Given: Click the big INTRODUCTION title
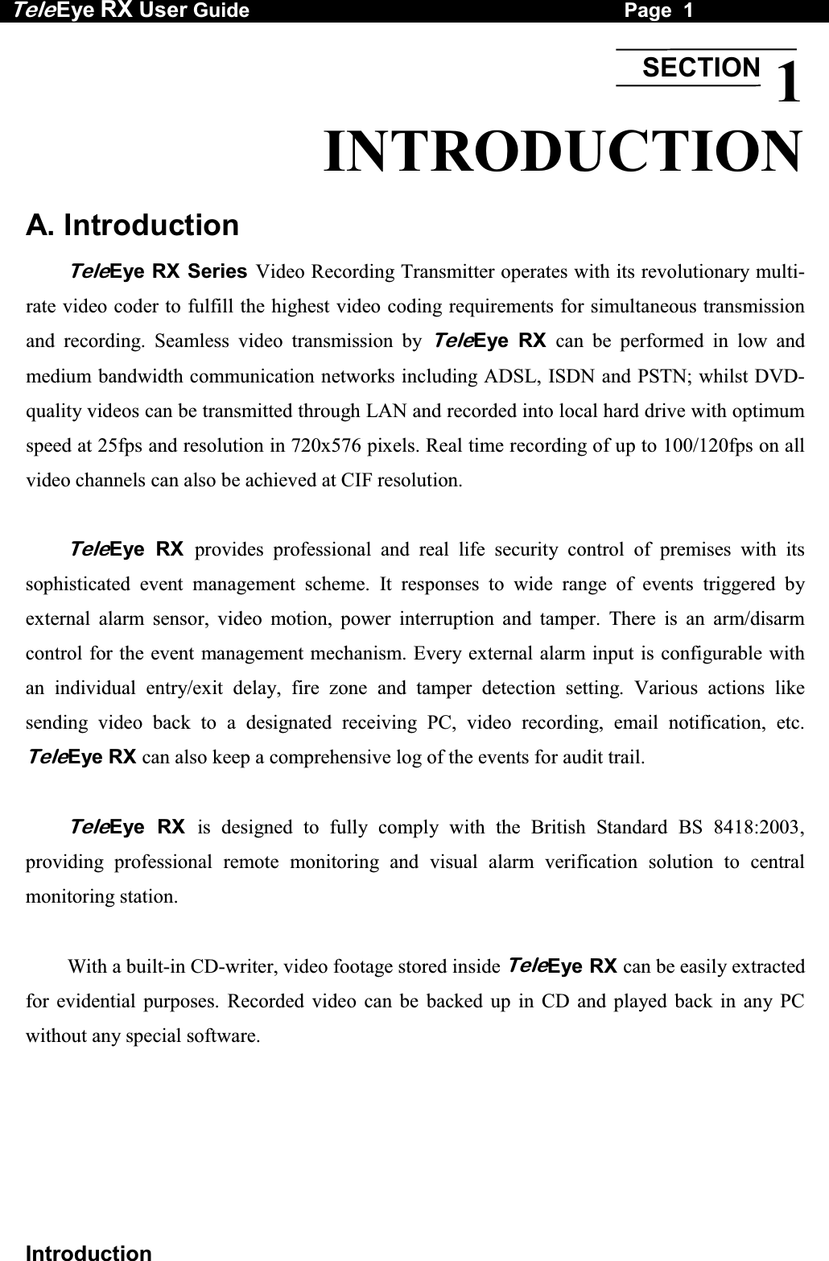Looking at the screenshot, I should [563, 151].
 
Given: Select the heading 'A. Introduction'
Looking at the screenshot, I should [133, 225].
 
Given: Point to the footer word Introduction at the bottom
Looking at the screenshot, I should [89, 1252].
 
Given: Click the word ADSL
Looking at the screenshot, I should [509, 376].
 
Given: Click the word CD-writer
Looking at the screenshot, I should [234, 966].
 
